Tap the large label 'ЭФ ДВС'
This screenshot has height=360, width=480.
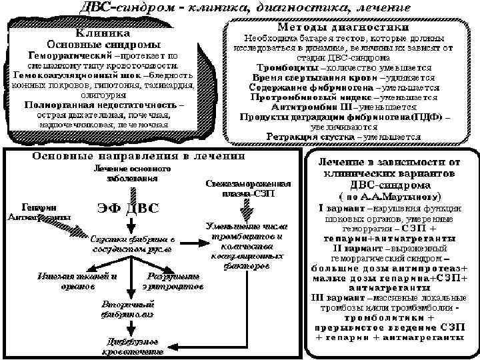[x=129, y=207]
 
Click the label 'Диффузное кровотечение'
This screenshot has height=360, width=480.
[x=131, y=346]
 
